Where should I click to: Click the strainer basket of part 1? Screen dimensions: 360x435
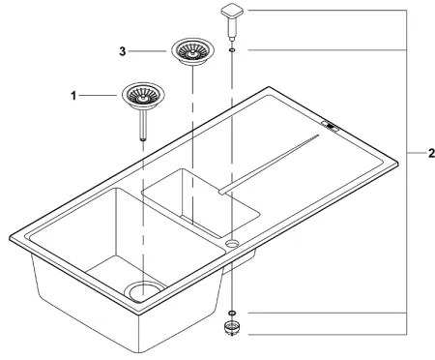click(142, 95)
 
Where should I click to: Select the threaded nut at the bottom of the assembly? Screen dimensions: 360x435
click(233, 329)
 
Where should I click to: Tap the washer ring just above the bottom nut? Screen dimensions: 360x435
click(233, 314)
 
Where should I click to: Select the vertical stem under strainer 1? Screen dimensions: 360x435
click(143, 123)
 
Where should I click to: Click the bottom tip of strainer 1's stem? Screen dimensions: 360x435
click(143, 139)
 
